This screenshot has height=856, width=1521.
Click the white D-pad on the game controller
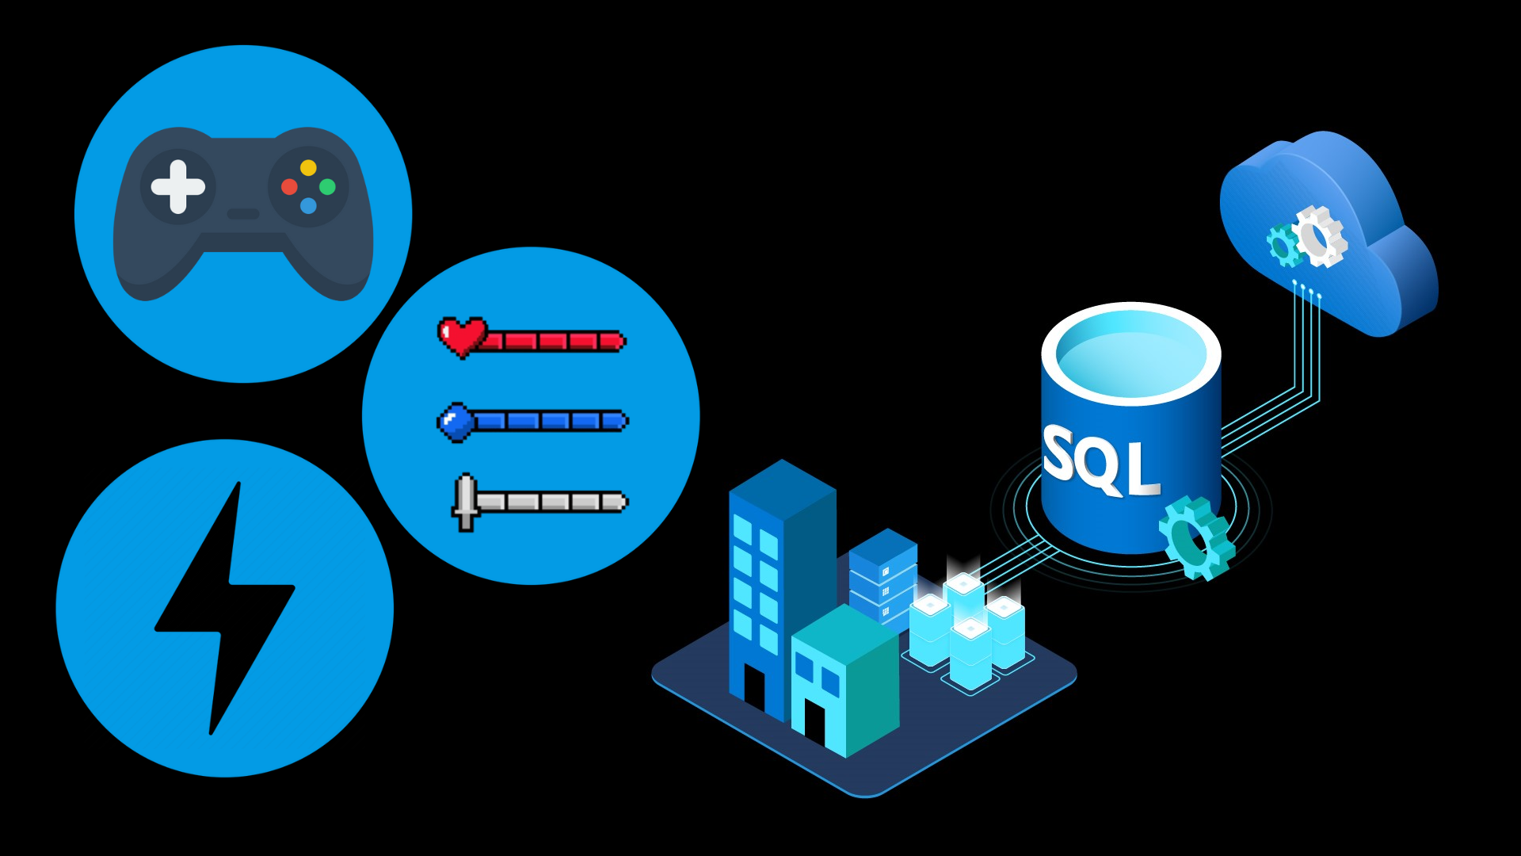click(178, 187)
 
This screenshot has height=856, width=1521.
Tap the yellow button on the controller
click(308, 168)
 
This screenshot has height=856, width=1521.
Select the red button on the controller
click(289, 187)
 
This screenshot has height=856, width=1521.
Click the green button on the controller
click(327, 187)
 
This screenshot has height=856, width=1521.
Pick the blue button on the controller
click(308, 206)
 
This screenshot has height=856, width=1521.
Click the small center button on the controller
click(243, 214)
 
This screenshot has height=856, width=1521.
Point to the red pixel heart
click(461, 336)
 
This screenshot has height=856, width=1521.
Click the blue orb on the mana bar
click(456, 421)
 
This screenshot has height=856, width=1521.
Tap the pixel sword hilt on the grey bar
click(466, 502)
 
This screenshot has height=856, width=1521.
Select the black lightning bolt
click(226, 606)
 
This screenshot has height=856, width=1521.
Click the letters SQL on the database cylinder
click(1100, 461)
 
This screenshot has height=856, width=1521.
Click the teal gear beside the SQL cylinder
click(1196, 537)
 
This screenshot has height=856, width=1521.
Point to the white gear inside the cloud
click(1319, 235)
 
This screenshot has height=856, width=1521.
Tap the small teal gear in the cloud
click(1283, 245)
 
